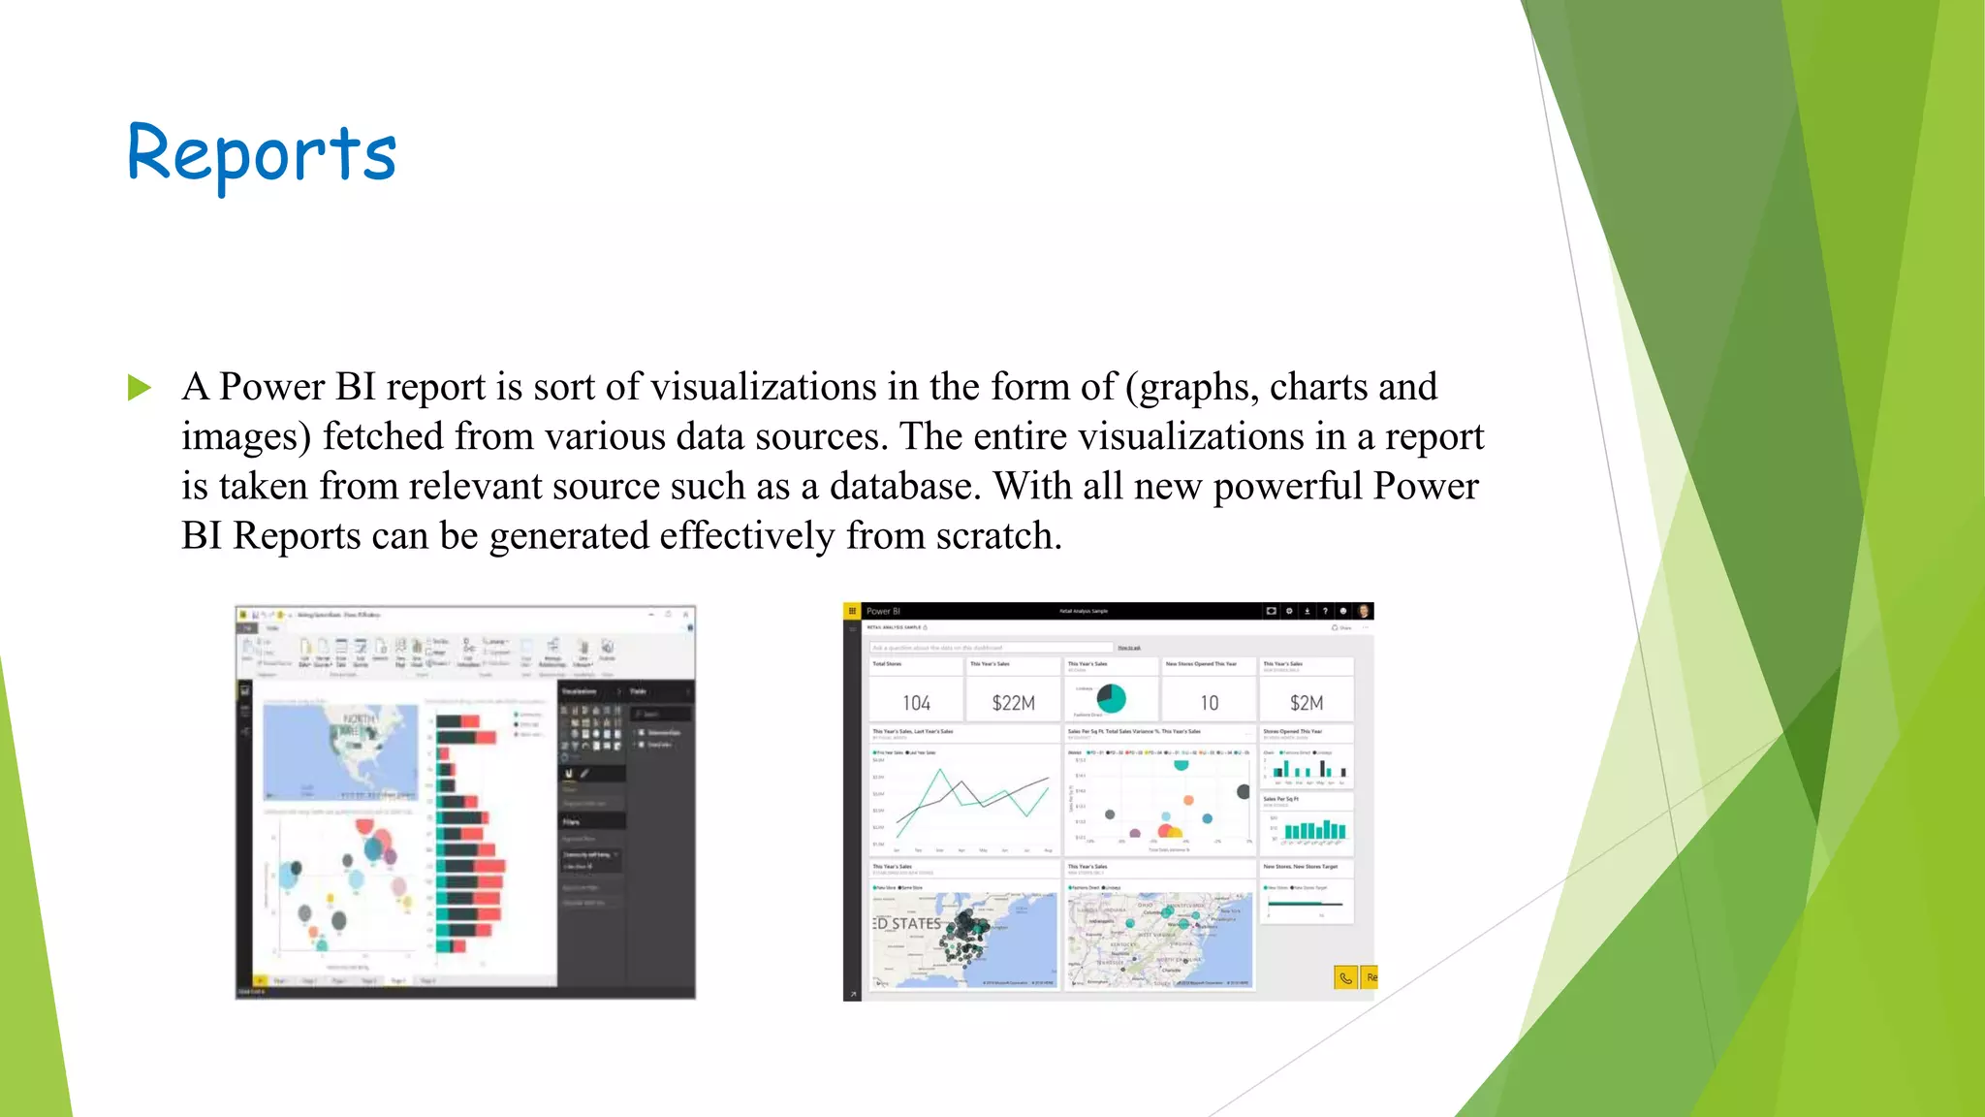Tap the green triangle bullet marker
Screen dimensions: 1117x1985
(140, 388)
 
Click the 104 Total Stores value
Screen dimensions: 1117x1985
(916, 703)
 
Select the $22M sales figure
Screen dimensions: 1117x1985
(1013, 703)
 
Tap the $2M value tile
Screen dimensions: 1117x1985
(1306, 703)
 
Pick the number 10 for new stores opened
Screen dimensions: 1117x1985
(1209, 703)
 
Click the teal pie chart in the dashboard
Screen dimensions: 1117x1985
(1111, 698)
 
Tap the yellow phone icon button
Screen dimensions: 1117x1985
(1345, 977)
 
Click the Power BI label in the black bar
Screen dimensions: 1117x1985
(883, 611)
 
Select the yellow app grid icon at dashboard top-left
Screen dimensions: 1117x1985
(852, 611)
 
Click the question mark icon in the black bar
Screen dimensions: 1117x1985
(1325, 611)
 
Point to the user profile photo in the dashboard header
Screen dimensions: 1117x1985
(1364, 611)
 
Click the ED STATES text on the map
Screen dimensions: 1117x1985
(907, 923)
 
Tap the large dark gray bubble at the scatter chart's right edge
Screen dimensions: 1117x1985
(1243, 791)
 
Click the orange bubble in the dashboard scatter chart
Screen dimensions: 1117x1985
(1188, 801)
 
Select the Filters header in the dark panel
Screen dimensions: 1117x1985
(572, 821)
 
